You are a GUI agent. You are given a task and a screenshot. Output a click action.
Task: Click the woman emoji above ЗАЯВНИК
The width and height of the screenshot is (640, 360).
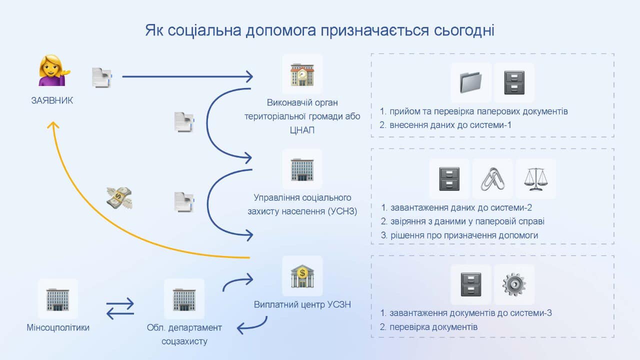tap(54, 71)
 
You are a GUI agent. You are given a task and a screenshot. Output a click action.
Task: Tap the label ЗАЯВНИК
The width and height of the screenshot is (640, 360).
tap(52, 100)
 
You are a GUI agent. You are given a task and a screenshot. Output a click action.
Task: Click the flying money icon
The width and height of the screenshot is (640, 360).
tap(119, 198)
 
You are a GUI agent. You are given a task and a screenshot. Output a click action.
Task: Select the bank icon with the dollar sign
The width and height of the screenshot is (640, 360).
tap(302, 275)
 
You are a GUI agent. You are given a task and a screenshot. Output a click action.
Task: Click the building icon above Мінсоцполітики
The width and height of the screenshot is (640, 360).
tap(58, 298)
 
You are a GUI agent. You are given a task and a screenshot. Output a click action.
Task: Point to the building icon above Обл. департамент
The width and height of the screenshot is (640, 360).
tap(184, 298)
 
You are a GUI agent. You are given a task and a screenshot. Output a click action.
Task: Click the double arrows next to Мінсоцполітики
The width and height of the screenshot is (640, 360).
tap(120, 307)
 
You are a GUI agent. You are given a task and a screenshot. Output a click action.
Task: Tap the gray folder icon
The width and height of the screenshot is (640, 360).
tap(470, 82)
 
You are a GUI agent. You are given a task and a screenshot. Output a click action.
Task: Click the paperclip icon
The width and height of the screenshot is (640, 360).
tap(492, 178)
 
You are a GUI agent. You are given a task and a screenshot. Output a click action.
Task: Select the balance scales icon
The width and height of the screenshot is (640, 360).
tap(535, 178)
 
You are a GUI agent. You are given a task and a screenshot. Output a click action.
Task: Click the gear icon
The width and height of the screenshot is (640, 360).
tap(514, 284)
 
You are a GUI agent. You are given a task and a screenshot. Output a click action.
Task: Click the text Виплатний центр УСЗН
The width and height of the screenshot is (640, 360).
tap(302, 304)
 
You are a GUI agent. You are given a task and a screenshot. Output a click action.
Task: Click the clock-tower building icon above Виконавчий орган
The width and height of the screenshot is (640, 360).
tap(302, 74)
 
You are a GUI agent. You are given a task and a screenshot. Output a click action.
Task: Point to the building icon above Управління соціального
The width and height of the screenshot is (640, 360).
tap(302, 169)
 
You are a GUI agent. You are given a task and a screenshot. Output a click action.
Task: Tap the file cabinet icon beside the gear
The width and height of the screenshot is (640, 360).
tap(470, 284)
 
